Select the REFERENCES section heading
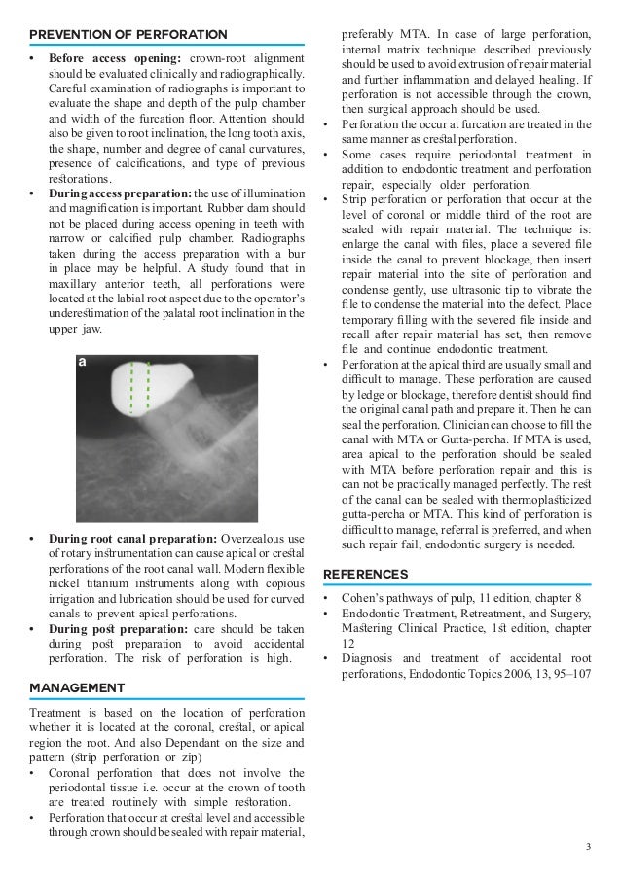[x=365, y=574]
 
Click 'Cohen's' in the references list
[x=364, y=597]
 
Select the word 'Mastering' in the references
[x=369, y=626]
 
